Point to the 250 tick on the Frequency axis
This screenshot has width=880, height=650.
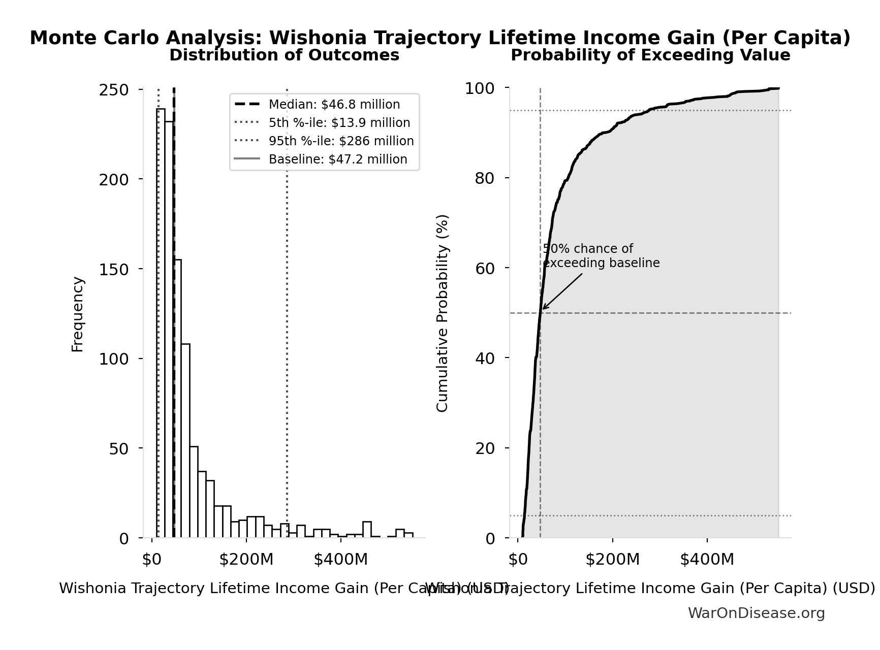(114, 90)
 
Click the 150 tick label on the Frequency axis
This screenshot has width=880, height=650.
(114, 269)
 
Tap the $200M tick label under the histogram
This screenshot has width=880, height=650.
(246, 560)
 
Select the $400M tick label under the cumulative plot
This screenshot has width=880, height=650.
(707, 560)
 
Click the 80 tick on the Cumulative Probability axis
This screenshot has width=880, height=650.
(485, 178)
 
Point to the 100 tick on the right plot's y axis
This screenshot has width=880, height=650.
(480, 89)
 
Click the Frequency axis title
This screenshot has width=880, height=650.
(77, 314)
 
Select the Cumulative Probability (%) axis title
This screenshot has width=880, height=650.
(443, 313)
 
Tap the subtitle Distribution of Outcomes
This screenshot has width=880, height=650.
(284, 55)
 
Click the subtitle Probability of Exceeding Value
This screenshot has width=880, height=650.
(650, 55)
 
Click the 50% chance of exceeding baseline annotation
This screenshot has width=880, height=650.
(601, 256)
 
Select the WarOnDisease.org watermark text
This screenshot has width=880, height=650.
(756, 613)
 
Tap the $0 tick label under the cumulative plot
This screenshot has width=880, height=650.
(518, 560)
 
